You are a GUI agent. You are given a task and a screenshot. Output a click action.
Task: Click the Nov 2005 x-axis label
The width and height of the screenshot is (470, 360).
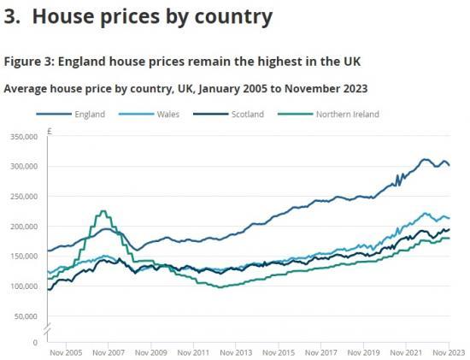[x=65, y=352]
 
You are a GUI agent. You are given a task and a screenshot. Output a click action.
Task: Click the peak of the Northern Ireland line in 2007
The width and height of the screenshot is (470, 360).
[x=103, y=211]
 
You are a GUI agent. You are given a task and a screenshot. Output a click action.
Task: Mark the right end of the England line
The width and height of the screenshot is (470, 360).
[x=449, y=165]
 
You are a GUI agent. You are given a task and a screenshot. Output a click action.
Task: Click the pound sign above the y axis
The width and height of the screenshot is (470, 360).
[x=50, y=132]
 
